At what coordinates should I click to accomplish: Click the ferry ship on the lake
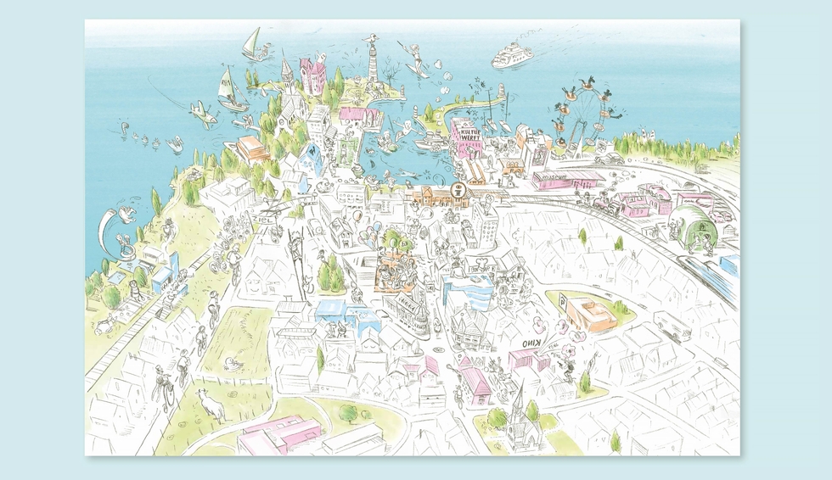click(512, 55)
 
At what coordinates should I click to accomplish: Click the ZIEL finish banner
click(263, 220)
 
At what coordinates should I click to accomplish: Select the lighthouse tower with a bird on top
click(372, 59)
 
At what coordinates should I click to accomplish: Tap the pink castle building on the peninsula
click(312, 75)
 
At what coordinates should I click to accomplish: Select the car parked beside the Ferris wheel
click(610, 159)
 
